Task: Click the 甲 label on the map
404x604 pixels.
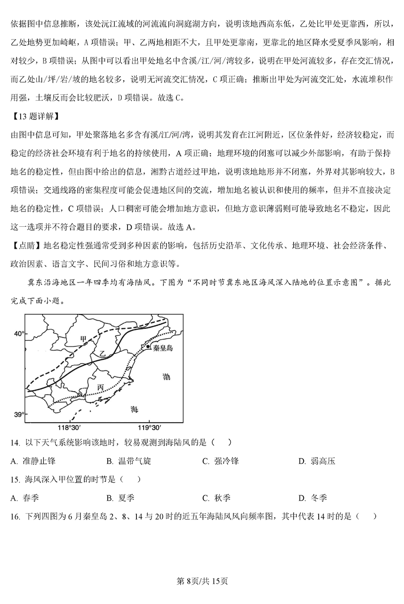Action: pyautogui.click(x=83, y=339)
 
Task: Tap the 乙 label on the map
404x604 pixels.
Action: pyautogui.click(x=102, y=354)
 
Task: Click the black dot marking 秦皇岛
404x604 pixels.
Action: pyautogui.click(x=148, y=347)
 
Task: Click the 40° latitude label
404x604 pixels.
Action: pyautogui.click(x=18, y=334)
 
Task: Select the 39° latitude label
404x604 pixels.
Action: pyautogui.click(x=18, y=414)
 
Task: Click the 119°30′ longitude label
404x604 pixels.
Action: pyautogui.click(x=149, y=428)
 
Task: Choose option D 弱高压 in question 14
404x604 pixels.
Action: pyautogui.click(x=317, y=461)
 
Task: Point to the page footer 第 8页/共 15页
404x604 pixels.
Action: pyautogui.click(x=202, y=581)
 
